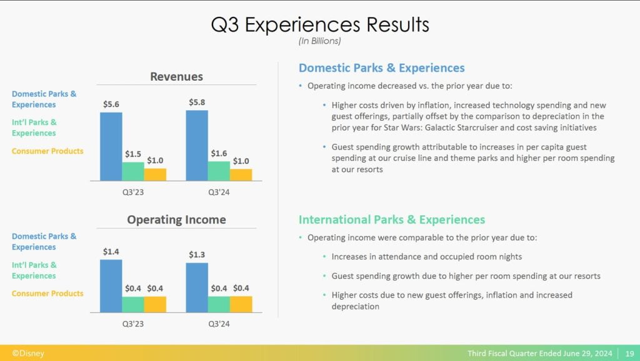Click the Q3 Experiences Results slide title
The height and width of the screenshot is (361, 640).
coord(320,24)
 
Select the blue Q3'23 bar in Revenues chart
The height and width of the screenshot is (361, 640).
coord(111,146)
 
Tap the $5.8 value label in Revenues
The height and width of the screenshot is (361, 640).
coord(197,102)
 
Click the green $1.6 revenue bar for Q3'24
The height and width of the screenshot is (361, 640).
coord(219,171)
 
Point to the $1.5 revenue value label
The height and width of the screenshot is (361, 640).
coord(133,154)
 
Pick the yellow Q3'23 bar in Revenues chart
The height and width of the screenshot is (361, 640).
coord(155,175)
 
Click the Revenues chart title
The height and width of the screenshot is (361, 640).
coord(176,77)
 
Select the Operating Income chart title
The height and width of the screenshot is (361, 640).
coord(176,220)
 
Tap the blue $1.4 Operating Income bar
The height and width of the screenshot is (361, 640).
coord(111,286)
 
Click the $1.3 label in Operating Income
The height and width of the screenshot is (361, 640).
coord(197,255)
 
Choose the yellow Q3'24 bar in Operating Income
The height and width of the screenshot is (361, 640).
coord(241,304)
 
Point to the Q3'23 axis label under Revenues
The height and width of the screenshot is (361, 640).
coord(133,192)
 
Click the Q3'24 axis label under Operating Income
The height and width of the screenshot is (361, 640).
coord(219,324)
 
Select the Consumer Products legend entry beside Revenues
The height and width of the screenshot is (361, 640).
coord(47,151)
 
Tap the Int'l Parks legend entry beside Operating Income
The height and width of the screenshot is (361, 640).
coord(34,270)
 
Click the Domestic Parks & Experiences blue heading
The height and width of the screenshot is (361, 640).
coord(382,68)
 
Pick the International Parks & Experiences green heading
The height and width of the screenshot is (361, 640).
coord(392,220)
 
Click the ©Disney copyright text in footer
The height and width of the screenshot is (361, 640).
coord(27,353)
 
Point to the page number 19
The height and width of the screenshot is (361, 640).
coord(630,353)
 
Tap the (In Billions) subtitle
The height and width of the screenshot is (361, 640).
coord(319,41)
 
